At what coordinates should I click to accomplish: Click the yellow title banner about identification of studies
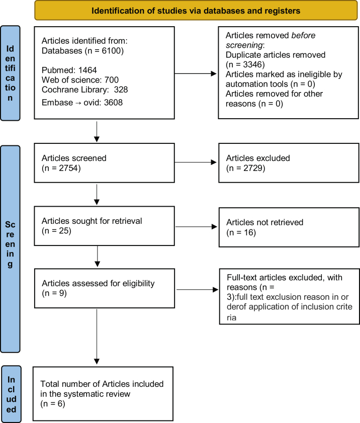tap(196, 11)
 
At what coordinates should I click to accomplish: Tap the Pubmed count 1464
tap(87, 70)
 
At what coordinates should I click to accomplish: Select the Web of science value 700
tap(112, 80)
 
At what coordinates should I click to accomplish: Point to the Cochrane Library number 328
tap(121, 90)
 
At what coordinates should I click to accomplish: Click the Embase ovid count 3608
tap(113, 103)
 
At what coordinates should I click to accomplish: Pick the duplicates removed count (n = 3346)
tap(245, 65)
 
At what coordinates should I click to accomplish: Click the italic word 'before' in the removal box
tap(303, 35)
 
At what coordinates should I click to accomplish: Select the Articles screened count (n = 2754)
tap(61, 168)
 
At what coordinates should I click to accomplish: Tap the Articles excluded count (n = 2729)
tap(246, 168)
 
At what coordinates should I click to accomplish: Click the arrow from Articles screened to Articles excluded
tap(196, 162)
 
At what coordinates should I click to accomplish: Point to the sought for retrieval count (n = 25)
tap(56, 231)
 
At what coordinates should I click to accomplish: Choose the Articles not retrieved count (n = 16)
tap(241, 232)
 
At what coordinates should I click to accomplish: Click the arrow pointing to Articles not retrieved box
tap(196, 227)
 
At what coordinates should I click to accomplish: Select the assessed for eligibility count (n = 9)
tap(54, 293)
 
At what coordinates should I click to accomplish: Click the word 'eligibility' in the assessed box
tap(139, 284)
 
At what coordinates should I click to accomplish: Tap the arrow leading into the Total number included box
tap(97, 336)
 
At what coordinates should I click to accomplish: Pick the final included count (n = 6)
tap(53, 404)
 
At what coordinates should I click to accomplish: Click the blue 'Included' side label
tap(11, 394)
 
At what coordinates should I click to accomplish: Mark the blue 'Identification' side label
tap(10, 73)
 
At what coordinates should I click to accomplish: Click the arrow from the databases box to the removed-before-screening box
tap(196, 73)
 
